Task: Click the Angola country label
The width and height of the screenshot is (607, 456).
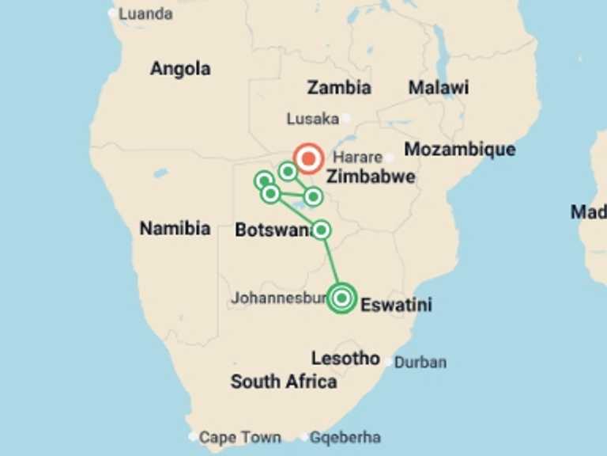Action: point(180,69)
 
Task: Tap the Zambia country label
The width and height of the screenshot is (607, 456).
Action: point(339,87)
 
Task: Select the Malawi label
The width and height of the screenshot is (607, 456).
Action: point(438,87)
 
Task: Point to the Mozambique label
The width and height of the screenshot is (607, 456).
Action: point(459,149)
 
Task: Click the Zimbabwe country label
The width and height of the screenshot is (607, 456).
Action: point(371,176)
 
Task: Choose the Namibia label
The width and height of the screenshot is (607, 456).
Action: point(175,229)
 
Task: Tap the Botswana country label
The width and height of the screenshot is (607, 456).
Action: point(273,231)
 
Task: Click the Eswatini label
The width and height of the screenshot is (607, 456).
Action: point(396,304)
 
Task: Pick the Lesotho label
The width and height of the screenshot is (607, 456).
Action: point(345,358)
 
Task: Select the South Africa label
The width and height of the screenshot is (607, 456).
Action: point(283,382)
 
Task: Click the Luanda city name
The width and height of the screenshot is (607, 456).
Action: point(145,13)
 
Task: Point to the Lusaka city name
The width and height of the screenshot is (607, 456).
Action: point(311,119)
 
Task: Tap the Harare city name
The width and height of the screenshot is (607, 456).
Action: point(357,158)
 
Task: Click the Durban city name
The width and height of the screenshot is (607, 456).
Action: point(420,363)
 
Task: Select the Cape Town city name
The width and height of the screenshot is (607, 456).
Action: point(239,437)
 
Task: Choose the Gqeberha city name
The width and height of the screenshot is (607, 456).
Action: point(345,437)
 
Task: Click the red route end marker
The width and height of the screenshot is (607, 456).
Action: point(307,158)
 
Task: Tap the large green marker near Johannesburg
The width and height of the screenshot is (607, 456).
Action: point(341,298)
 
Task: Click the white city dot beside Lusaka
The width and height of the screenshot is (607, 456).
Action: point(345,119)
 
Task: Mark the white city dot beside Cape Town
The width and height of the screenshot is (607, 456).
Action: point(194,436)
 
